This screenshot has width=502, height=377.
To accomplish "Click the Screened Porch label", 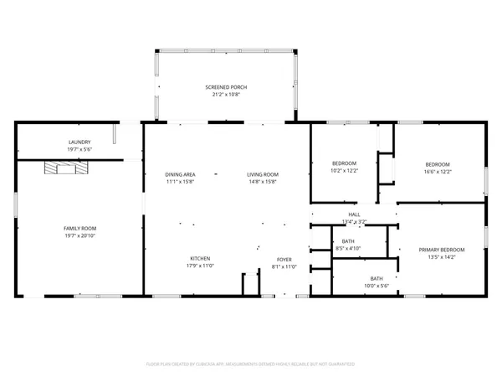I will click(x=226, y=87).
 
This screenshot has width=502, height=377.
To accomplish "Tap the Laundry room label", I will click(x=79, y=142).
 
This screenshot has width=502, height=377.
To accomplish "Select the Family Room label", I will click(x=80, y=229).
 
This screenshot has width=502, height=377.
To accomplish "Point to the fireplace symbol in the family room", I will click(x=64, y=168).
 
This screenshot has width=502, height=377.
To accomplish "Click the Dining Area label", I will click(x=180, y=174).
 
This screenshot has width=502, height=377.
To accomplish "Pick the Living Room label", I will click(x=262, y=174).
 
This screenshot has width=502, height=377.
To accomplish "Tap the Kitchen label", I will click(x=200, y=258).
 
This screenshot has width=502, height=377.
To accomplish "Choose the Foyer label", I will click(x=284, y=259).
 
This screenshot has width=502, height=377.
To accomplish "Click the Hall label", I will click(x=355, y=215).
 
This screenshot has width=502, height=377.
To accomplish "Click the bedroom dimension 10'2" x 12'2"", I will click(x=345, y=170).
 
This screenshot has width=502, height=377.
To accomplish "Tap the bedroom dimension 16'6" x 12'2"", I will click(x=438, y=171).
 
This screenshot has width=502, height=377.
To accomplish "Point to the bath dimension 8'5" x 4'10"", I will click(x=347, y=249).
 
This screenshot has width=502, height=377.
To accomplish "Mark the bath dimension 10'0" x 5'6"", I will click(x=376, y=286).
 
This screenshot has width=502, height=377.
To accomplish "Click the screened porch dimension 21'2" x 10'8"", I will click(x=226, y=95).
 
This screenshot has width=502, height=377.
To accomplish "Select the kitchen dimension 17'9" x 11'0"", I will click(x=200, y=266).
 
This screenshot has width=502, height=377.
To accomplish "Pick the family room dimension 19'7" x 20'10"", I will click(x=80, y=236).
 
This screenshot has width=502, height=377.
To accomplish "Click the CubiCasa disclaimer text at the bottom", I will click(x=251, y=364).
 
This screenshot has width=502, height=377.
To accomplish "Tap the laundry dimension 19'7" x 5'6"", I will click(x=79, y=150).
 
